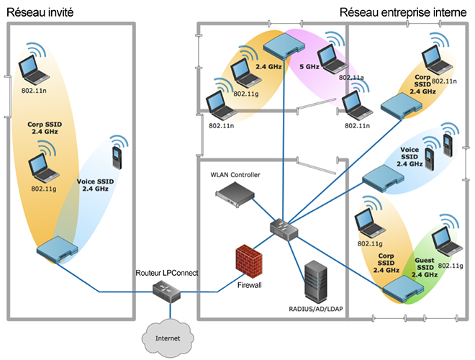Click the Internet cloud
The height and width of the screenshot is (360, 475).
click(169, 336)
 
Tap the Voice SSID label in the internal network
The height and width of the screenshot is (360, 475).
click(410, 156)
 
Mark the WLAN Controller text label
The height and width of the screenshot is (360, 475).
click(235, 174)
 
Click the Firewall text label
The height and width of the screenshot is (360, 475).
click(250, 285)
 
